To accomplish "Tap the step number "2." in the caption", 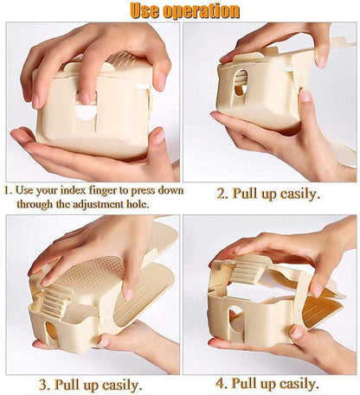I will click(222, 194).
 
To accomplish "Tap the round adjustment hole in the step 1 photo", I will click(86, 111).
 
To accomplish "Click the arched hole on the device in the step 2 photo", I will click(240, 82).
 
